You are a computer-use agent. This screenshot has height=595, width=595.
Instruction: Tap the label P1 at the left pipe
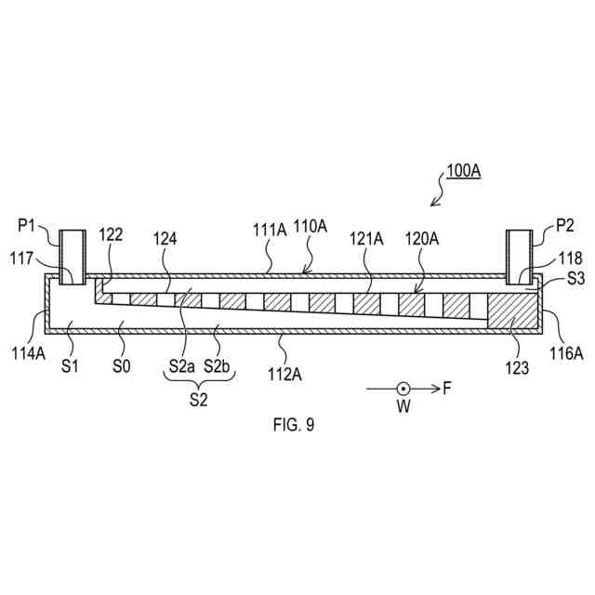pyautogui.click(x=27, y=225)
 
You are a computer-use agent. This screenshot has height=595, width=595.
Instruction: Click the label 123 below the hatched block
pyautogui.click(x=519, y=367)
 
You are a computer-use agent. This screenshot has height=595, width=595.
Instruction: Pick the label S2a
pyautogui.click(x=181, y=366)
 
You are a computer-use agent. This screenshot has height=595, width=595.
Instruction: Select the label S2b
pyautogui.click(x=219, y=366)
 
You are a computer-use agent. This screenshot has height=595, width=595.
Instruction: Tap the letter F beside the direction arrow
pyautogui.click(x=447, y=389)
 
